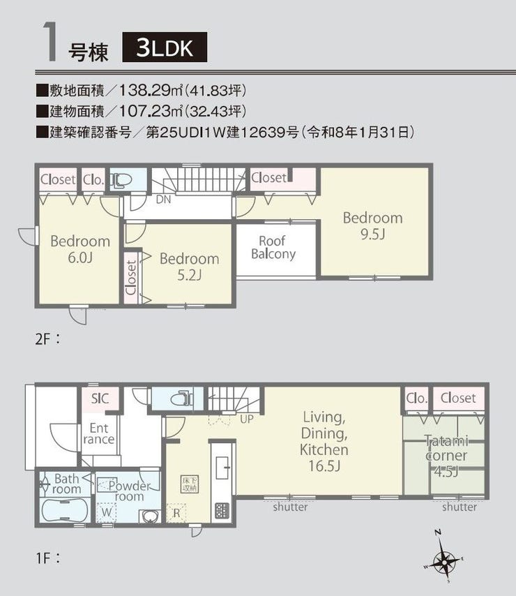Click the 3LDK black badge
click(x=165, y=47)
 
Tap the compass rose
click(x=443, y=557)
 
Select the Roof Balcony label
click(x=273, y=247)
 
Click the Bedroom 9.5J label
click(x=372, y=225)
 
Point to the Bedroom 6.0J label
click(x=80, y=249)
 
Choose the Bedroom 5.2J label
click(x=189, y=266)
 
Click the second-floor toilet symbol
click(x=121, y=179)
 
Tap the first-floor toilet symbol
click(x=182, y=399)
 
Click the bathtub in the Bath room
click(x=65, y=510)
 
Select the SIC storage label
click(x=100, y=398)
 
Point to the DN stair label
click(x=163, y=199)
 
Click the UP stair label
click(x=247, y=419)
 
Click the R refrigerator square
click(x=176, y=513)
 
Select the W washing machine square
click(x=106, y=512)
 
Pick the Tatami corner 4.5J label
click(x=446, y=456)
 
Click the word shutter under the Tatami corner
click(x=459, y=507)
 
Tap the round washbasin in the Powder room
click(x=150, y=517)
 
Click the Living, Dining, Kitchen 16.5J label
click(x=324, y=441)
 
